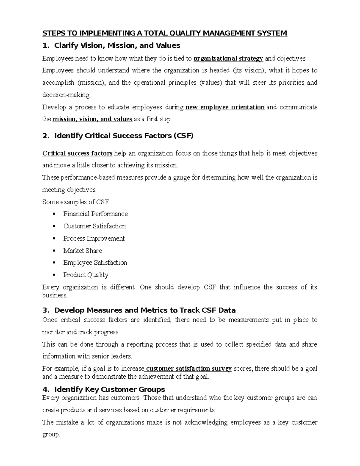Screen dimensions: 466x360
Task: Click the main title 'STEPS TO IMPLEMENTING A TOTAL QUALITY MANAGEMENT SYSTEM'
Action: point(165,33)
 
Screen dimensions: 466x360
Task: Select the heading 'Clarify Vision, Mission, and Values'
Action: point(117,46)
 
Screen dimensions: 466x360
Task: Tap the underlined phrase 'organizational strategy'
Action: point(228,59)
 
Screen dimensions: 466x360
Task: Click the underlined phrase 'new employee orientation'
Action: point(225,107)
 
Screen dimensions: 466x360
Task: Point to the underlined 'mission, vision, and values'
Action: point(92,119)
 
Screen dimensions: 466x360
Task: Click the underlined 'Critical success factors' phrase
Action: point(77,154)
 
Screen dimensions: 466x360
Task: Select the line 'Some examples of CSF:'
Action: point(76,202)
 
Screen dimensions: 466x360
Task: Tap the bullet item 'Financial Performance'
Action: point(95,214)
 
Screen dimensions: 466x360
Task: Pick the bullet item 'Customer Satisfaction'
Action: point(94,226)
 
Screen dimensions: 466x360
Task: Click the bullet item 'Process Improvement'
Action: point(94,239)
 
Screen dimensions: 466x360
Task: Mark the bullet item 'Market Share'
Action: point(82,251)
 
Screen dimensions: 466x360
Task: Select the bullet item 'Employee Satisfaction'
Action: point(95,263)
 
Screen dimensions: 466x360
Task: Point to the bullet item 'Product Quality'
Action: point(86,275)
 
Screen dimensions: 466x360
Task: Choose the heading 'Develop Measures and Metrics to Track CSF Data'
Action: point(145,310)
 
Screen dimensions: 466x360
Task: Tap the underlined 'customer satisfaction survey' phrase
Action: point(189,369)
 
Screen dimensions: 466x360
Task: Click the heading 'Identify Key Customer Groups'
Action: point(109,389)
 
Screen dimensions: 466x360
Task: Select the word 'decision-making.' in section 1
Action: point(66,95)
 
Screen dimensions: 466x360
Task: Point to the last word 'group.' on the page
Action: point(51,434)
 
